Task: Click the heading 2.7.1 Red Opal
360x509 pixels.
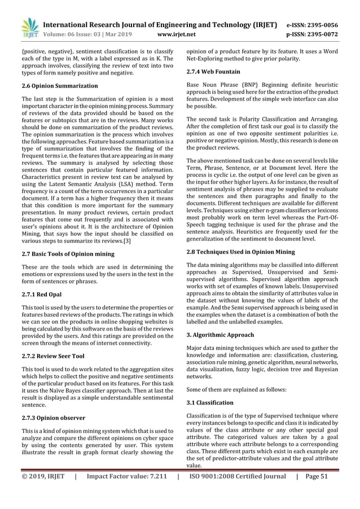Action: click(37, 295)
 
